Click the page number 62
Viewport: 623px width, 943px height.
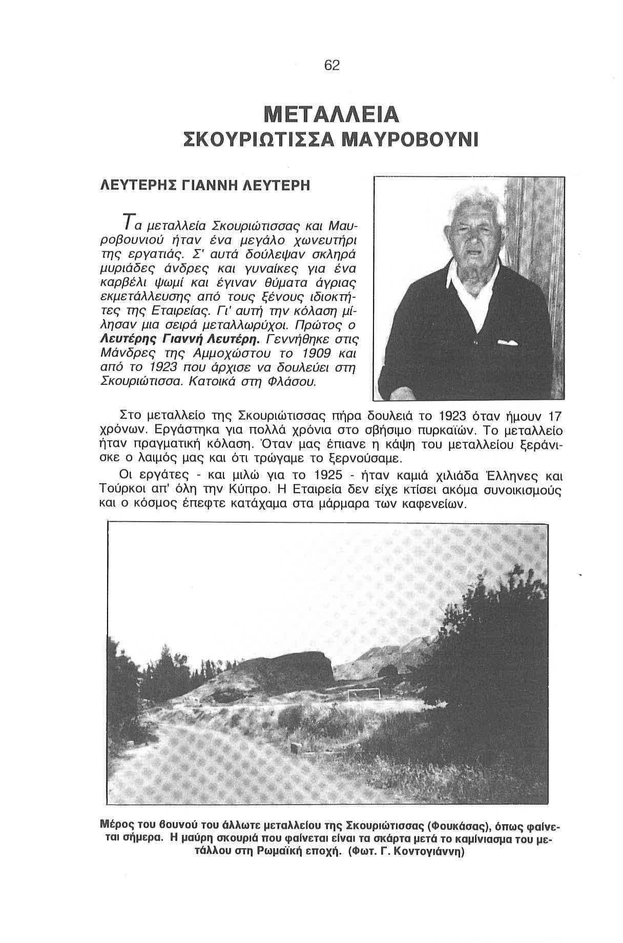[x=331, y=66]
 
